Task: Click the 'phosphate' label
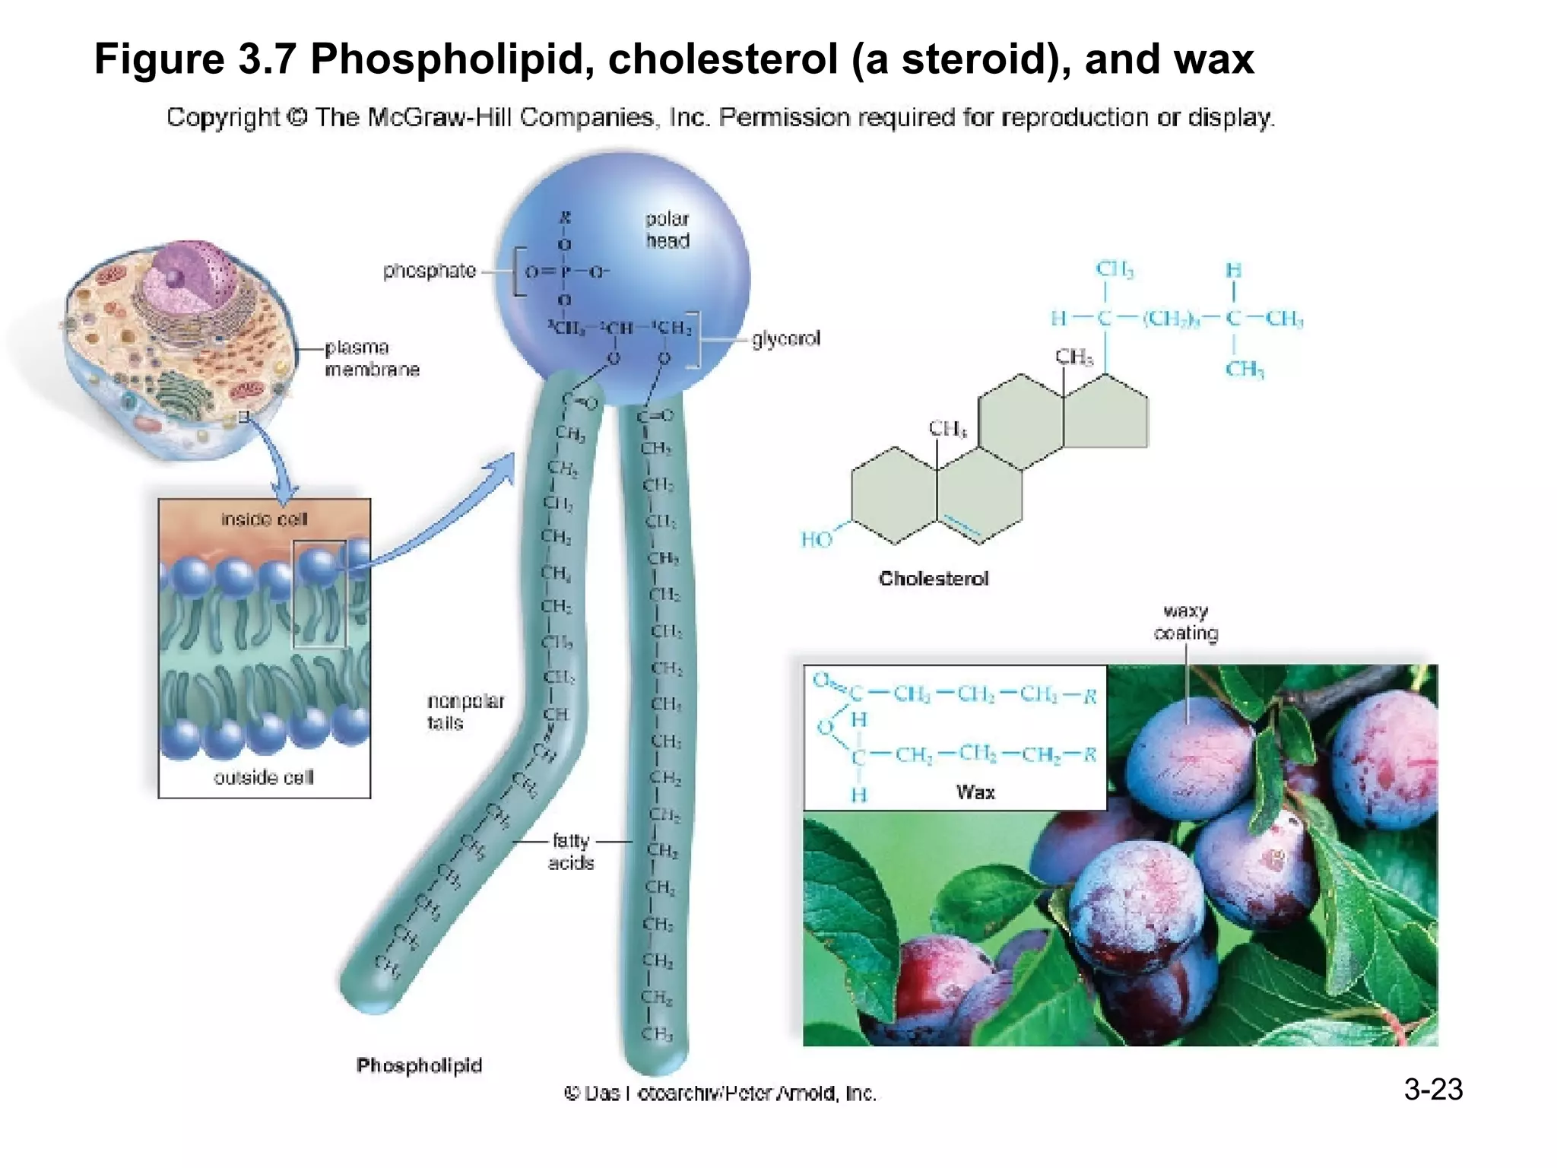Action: [429, 271]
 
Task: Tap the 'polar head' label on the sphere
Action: [667, 230]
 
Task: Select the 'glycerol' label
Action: [786, 338]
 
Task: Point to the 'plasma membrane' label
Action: [371, 358]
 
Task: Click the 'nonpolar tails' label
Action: [465, 712]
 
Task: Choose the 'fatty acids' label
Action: [571, 852]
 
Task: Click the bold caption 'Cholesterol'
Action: [934, 579]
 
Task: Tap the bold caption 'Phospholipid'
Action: [419, 1065]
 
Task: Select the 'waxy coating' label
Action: [1185, 622]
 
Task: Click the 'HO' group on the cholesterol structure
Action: [817, 540]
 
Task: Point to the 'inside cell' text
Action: [264, 519]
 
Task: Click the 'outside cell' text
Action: [263, 778]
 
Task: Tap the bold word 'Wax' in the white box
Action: [975, 792]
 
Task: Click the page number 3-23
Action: [1432, 1090]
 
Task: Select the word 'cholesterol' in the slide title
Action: [722, 59]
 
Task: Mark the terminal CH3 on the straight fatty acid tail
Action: [656, 1034]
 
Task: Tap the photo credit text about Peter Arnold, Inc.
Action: [720, 1093]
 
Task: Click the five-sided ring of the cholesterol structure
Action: [1106, 414]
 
